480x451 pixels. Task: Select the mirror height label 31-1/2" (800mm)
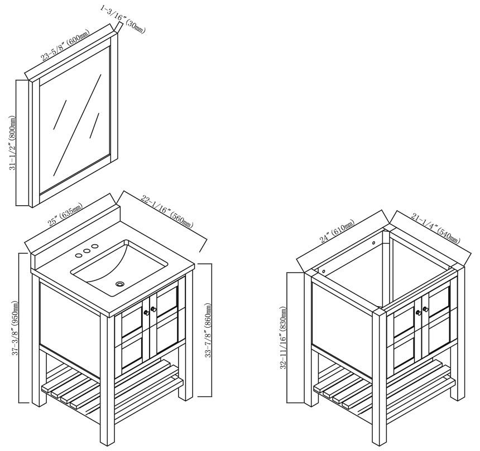click(12, 143)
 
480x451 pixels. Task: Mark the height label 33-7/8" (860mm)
click(208, 330)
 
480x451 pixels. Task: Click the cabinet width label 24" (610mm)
click(337, 231)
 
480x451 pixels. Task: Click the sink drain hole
click(120, 284)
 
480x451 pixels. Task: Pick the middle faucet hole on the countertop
click(87, 251)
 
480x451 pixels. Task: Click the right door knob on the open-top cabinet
click(425, 309)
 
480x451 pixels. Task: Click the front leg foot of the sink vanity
click(107, 442)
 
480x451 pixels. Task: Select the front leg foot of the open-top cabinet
click(380, 442)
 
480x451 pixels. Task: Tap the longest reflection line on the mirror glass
click(77, 125)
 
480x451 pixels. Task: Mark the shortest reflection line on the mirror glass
click(94, 125)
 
